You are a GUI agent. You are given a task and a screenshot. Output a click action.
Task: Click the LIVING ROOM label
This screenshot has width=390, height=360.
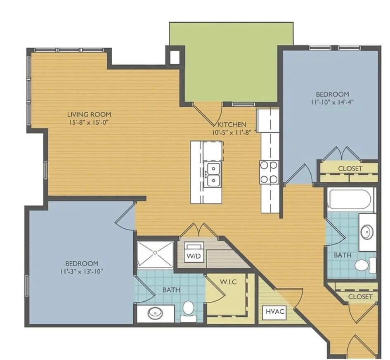pyautogui.click(x=89, y=114)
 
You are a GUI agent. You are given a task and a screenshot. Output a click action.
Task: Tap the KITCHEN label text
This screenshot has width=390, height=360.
pyautogui.click(x=232, y=124)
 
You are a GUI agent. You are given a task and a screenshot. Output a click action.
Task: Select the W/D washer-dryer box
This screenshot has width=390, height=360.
pyautogui.click(x=194, y=252)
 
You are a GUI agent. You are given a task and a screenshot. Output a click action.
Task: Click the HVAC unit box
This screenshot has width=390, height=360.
pyautogui.click(x=275, y=311)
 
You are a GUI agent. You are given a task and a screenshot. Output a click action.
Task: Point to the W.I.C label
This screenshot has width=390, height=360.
pyautogui.click(x=228, y=282)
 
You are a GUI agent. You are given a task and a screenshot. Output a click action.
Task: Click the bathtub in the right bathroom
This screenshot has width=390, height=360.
pyautogui.click(x=351, y=200)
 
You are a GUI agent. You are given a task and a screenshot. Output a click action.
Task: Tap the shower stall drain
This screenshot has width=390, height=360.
pyautogui.click(x=155, y=253)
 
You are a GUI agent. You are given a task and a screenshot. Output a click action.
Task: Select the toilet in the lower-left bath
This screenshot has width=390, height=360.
pyautogui.click(x=188, y=311)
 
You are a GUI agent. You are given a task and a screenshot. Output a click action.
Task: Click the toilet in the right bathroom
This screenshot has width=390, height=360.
pyautogui.click(x=365, y=265)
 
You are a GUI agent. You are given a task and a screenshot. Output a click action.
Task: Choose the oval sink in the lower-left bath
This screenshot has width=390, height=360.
pyautogui.click(x=155, y=313)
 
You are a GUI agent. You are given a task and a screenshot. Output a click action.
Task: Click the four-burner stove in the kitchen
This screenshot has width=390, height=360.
pyautogui.click(x=269, y=172)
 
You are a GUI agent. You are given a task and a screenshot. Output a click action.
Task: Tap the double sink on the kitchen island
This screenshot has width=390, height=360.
pyautogui.click(x=212, y=175)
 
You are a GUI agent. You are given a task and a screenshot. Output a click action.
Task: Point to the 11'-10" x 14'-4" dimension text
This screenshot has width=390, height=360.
pyautogui.click(x=332, y=102)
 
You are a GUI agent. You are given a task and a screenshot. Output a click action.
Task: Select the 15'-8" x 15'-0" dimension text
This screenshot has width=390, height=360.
pyautogui.click(x=89, y=122)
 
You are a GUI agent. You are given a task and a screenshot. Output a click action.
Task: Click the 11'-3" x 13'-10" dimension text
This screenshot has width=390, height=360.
pyautogui.click(x=82, y=271)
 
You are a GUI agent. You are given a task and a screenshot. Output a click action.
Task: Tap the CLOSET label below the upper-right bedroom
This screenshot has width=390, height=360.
pyautogui.click(x=350, y=169)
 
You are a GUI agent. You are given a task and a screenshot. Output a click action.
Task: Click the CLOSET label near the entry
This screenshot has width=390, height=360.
pyautogui.click(x=360, y=297)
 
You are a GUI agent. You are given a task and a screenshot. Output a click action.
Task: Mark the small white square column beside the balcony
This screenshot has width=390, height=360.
pyautogui.click(x=175, y=57)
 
